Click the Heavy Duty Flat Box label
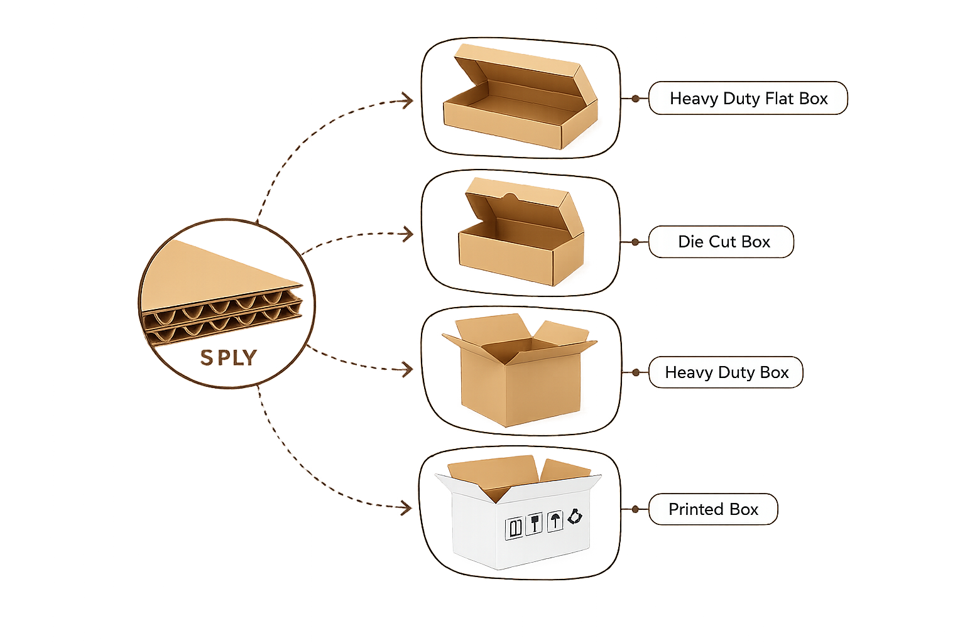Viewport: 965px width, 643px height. pos(748,98)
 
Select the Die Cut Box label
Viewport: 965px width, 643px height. pos(721,242)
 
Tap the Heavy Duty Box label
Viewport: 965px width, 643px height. pos(726,372)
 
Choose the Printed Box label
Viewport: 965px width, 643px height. pos(713,509)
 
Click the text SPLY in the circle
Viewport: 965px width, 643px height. pos(229,358)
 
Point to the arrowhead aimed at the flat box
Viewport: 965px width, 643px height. pos(406,100)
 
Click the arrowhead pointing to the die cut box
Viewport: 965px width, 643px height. pos(406,234)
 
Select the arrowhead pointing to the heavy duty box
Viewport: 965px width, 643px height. pos(406,369)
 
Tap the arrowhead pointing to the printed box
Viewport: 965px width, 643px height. pos(406,508)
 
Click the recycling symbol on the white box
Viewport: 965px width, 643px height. pos(575,516)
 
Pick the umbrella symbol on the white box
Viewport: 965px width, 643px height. pos(555,522)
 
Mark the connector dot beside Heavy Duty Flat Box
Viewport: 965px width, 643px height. pos(635,99)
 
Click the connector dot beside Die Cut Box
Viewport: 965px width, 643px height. pos(635,242)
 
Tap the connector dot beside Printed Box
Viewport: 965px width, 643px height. pos(635,509)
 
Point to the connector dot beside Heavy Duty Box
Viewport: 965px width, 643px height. pos(636,372)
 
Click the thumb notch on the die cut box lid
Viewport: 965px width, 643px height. pos(511,197)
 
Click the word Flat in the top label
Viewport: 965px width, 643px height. pos(781,98)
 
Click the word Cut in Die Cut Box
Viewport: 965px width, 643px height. pos(722,242)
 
